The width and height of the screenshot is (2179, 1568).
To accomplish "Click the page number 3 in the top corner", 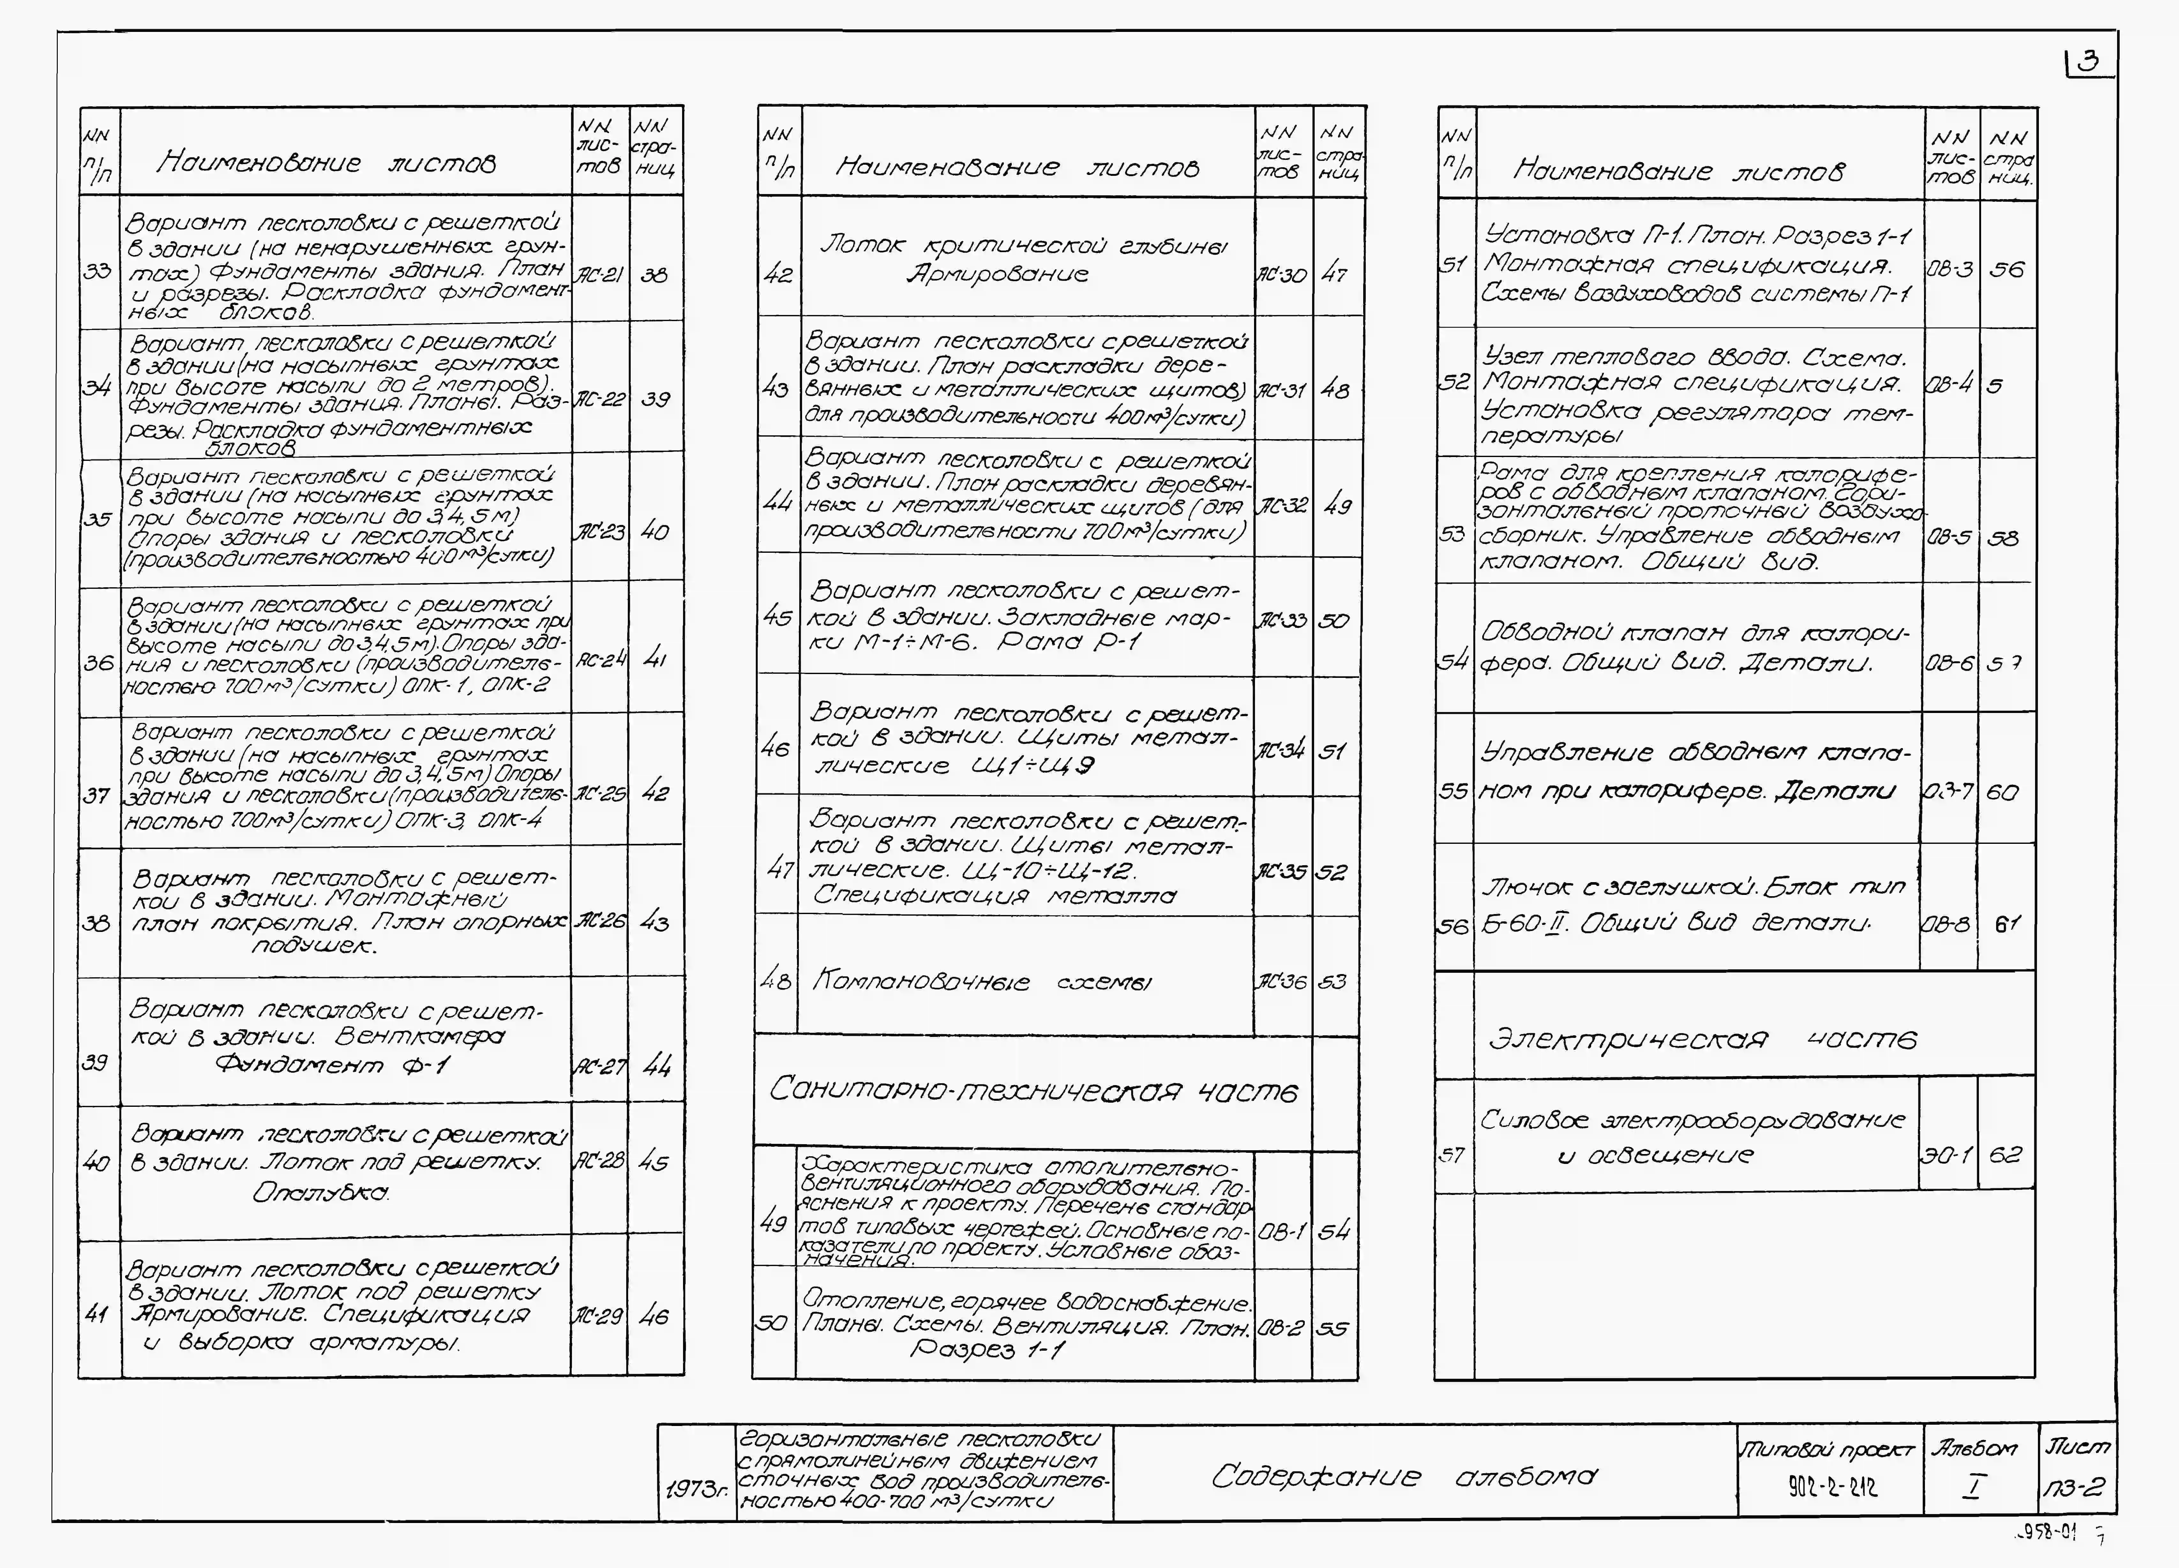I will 2087,63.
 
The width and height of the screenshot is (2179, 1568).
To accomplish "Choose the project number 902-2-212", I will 1831,1487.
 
